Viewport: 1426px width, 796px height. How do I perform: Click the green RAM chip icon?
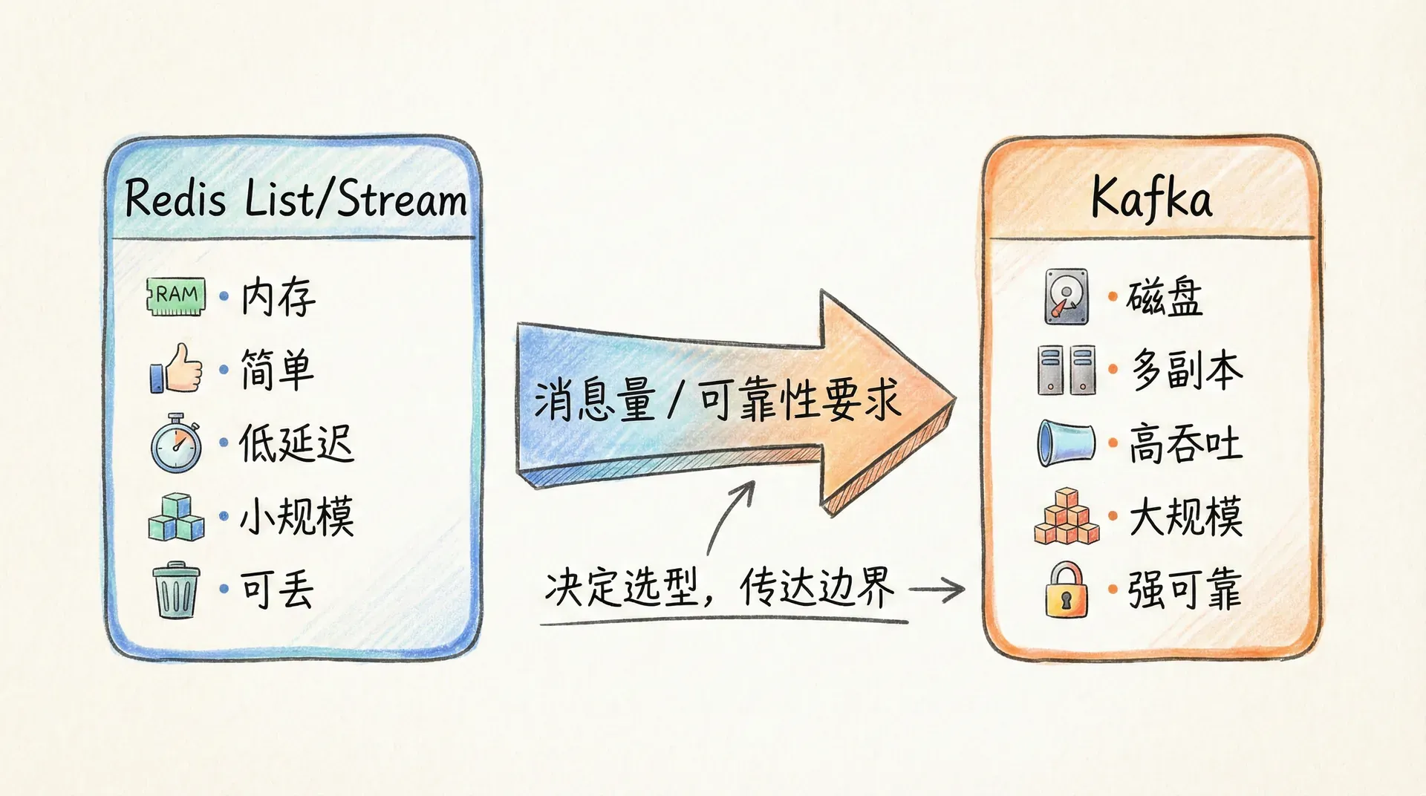pos(176,296)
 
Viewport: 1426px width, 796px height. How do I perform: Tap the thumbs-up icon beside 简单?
pos(177,368)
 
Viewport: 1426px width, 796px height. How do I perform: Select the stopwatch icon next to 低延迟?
pos(177,444)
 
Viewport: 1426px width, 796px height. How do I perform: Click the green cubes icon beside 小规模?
pos(176,517)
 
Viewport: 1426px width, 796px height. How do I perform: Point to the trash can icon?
pos(176,590)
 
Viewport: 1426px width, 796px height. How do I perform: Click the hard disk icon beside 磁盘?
pos(1067,296)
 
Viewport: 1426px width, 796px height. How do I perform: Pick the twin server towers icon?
pos(1067,369)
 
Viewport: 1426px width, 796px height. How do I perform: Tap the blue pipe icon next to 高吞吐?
pos(1067,443)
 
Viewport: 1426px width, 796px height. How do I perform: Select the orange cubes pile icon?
pos(1067,517)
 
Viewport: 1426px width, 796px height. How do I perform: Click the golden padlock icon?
pos(1067,590)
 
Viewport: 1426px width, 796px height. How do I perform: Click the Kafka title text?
pos(1151,199)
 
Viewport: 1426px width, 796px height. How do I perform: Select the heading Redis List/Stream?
pos(296,199)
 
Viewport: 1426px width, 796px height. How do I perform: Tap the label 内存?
pos(279,297)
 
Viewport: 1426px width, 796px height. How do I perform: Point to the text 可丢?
pos(277,590)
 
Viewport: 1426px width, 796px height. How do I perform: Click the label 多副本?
pos(1186,370)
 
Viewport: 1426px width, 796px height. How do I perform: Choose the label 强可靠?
pos(1185,590)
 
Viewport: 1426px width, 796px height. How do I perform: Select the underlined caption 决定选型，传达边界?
pos(720,588)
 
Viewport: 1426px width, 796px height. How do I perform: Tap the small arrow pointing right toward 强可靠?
pos(937,590)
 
